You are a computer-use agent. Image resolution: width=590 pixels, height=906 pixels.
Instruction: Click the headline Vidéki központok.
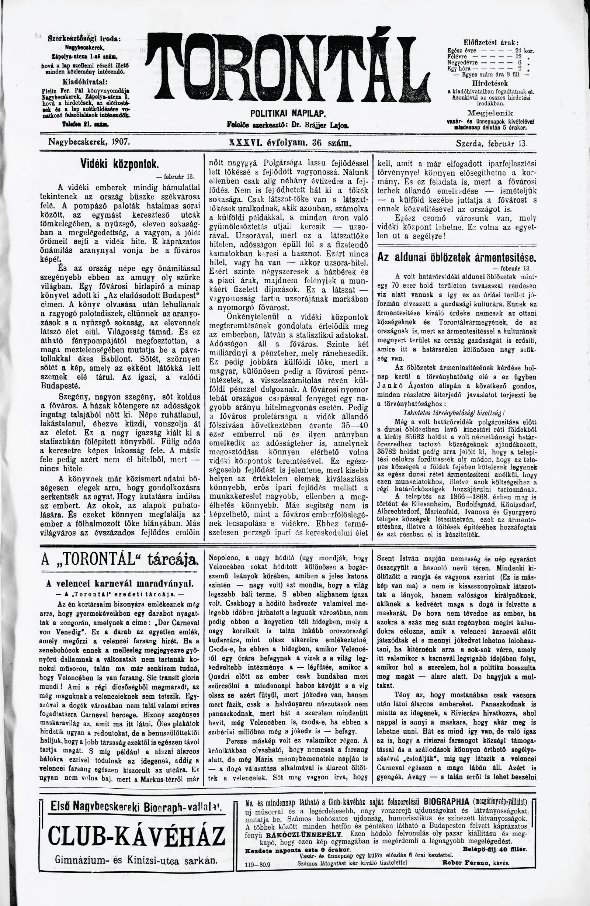[x=119, y=164]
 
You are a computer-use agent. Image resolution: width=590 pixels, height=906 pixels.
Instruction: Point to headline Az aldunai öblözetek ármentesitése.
[x=457, y=257]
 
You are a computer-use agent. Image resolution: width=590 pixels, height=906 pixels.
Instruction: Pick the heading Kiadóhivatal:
[x=84, y=82]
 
